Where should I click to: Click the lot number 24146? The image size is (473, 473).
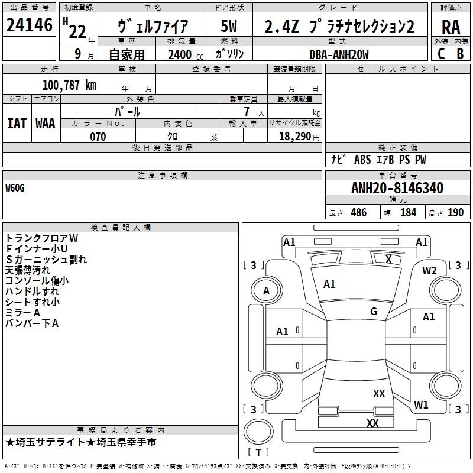[29, 25]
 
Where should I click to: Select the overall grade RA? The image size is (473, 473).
[451, 27]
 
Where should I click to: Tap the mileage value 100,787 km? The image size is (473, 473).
[69, 85]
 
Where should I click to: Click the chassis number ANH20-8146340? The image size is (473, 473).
[397, 188]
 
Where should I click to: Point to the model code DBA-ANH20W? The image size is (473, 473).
[339, 54]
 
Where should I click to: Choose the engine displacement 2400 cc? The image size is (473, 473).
[186, 54]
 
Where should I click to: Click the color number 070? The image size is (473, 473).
[98, 137]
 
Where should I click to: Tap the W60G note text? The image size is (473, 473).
[15, 188]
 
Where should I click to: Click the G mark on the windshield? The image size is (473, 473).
[374, 311]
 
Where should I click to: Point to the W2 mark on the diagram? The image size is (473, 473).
[429, 271]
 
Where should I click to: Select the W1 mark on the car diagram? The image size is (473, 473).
[421, 404]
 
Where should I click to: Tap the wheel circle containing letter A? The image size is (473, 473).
[267, 290]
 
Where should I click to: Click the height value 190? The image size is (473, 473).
[455, 212]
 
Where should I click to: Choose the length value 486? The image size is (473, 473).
[359, 212]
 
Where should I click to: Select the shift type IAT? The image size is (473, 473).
[17, 124]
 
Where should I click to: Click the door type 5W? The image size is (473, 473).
[229, 26]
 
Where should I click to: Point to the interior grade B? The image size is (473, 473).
[460, 54]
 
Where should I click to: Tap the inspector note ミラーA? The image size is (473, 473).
[22, 313]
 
